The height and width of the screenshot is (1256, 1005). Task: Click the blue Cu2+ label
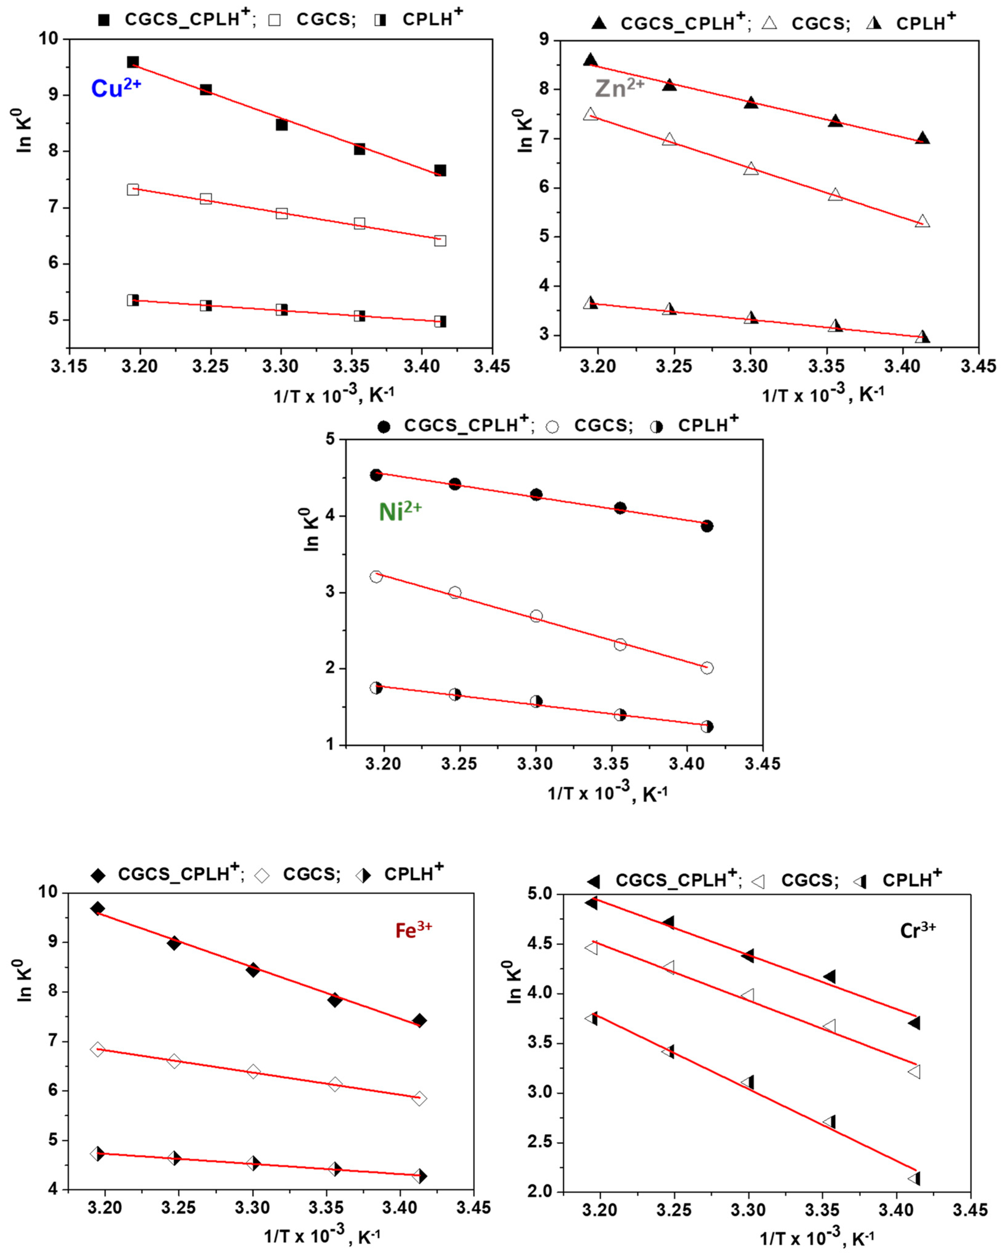tap(116, 88)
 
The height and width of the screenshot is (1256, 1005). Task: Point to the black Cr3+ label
tap(918, 930)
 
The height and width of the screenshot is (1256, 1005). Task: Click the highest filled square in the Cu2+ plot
tap(133, 62)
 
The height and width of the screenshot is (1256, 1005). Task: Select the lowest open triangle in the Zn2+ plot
tap(922, 221)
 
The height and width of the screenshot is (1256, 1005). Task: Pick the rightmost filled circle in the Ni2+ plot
tap(707, 526)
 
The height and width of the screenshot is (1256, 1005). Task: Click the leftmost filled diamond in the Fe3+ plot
tap(98, 908)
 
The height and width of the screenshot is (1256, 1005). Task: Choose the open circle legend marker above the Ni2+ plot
tap(552, 427)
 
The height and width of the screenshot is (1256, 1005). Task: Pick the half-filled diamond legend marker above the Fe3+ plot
tap(363, 875)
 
